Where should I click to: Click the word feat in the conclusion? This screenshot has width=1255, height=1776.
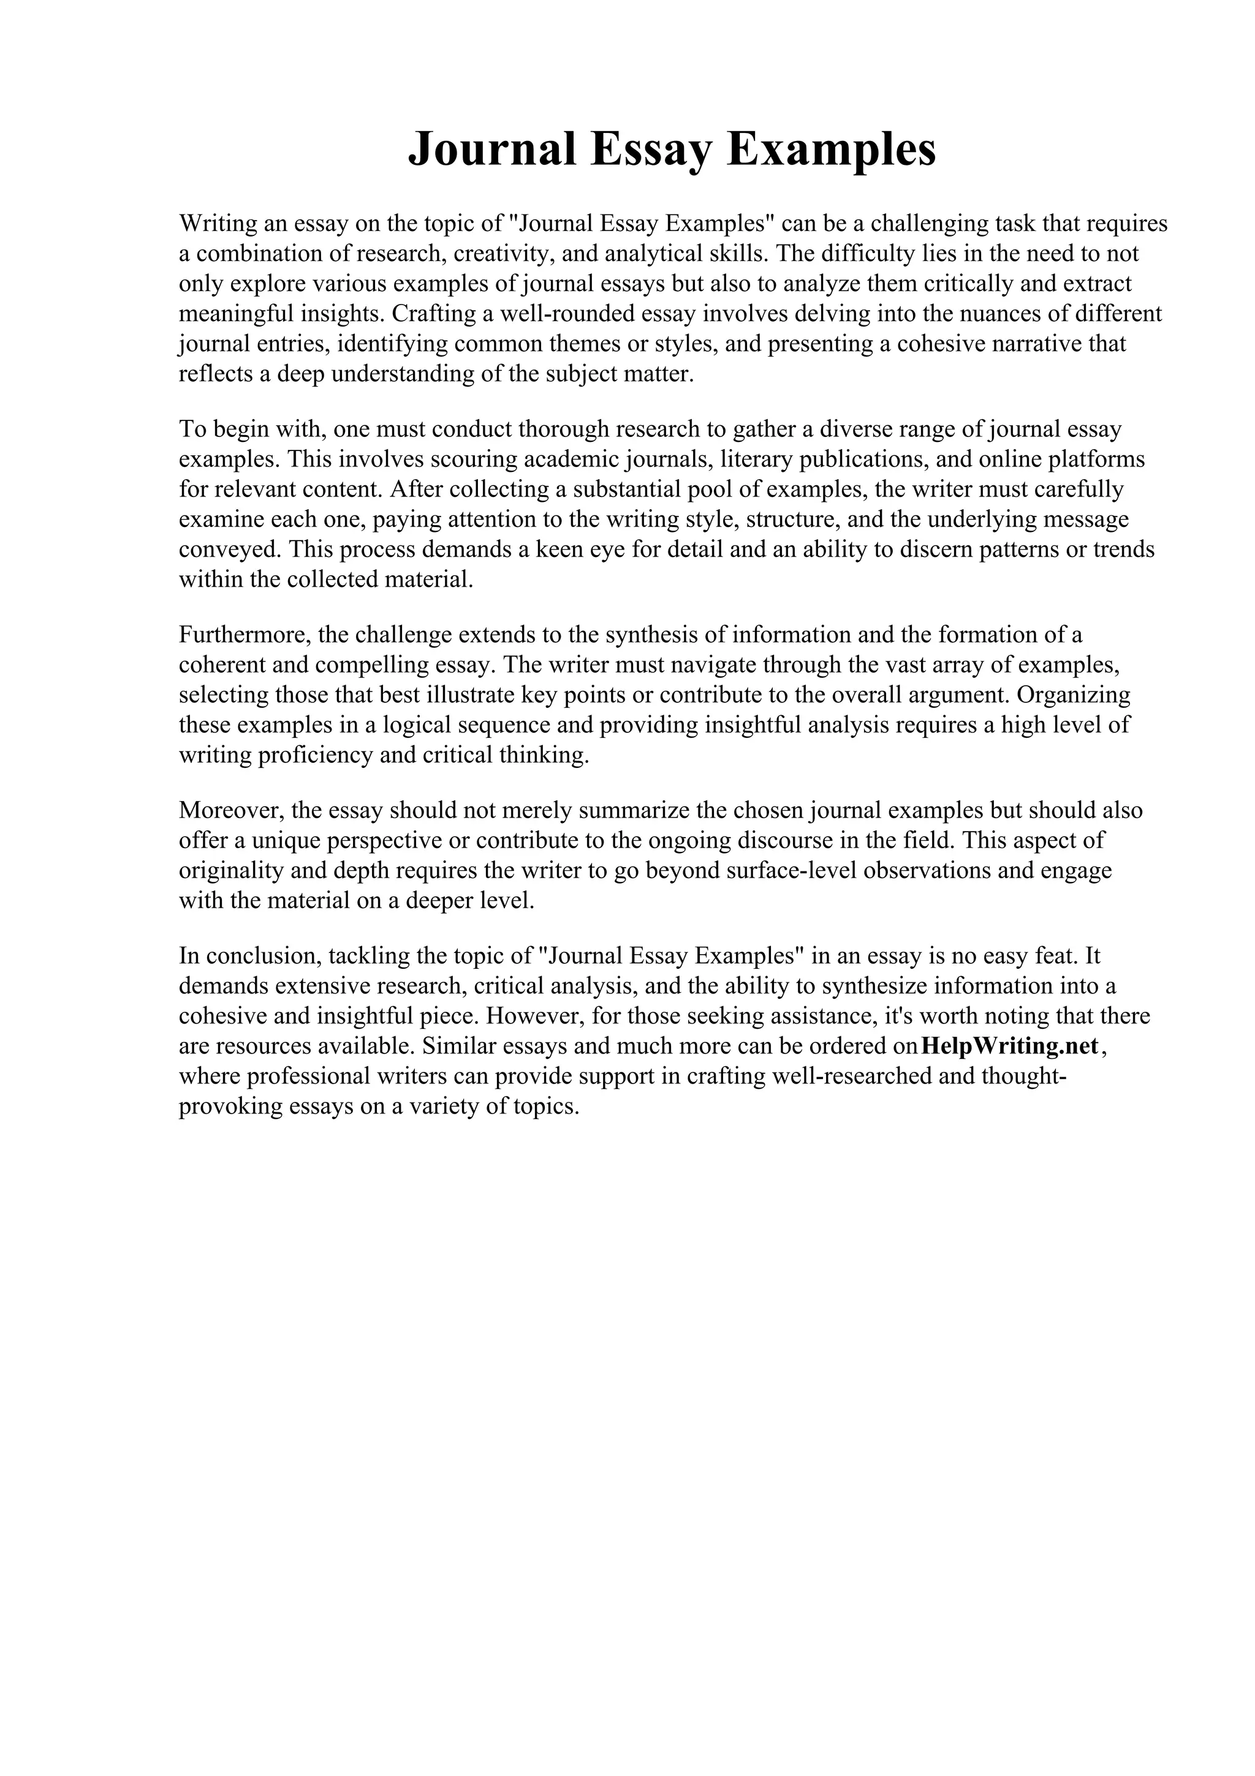[1055, 957]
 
